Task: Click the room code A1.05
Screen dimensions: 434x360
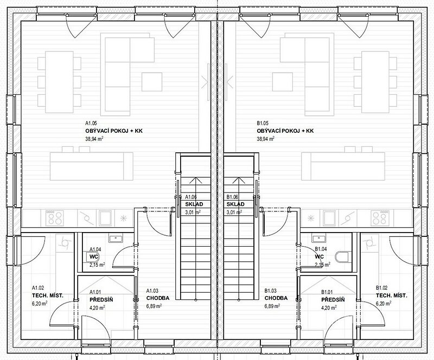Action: point(91,124)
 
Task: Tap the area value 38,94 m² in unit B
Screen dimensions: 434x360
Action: point(265,139)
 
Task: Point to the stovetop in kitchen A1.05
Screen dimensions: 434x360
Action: point(55,217)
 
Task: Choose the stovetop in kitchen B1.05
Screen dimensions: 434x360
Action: point(379,217)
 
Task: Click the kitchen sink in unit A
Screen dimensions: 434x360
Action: point(105,217)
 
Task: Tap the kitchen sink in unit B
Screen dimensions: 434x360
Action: point(329,217)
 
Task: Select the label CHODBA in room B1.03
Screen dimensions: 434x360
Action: point(276,298)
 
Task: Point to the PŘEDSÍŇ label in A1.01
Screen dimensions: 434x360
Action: point(101,300)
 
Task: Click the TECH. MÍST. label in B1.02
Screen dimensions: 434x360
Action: point(391,295)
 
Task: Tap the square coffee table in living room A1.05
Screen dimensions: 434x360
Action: point(152,82)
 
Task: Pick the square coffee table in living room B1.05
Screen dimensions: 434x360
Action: point(282,82)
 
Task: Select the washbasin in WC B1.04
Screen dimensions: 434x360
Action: point(319,239)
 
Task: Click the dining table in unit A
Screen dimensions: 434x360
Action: point(60,82)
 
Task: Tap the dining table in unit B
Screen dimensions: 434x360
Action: point(375,82)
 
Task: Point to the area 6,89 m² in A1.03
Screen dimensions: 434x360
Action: point(154,306)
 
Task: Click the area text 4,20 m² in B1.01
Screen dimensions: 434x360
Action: point(329,307)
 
